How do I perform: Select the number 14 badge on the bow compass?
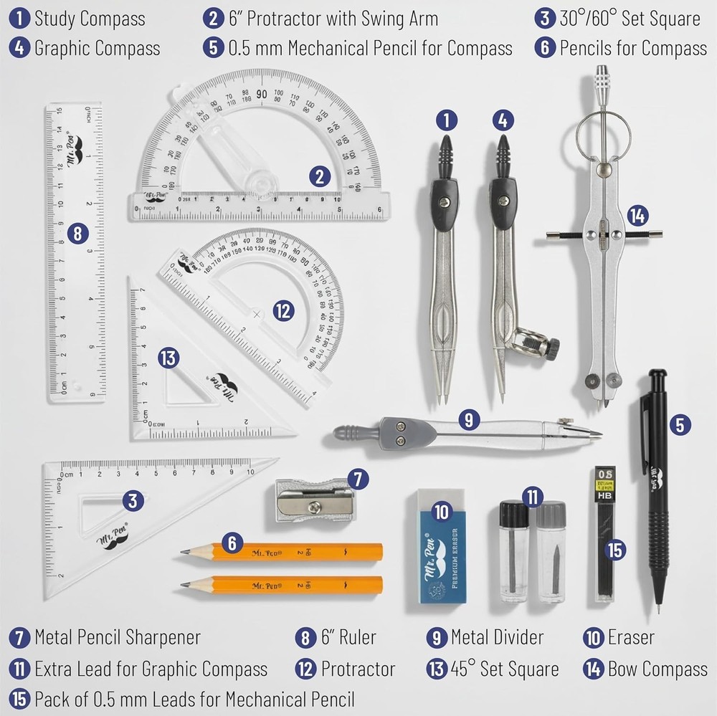(635, 214)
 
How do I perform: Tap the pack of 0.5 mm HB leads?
(606, 534)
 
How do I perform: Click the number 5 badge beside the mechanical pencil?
(680, 424)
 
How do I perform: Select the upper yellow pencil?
(287, 551)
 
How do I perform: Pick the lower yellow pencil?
(287, 584)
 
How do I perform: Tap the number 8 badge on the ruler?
(77, 232)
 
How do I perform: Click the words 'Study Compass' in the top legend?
(90, 18)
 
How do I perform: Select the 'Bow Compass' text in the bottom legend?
(657, 669)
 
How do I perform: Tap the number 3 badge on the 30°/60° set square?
(132, 500)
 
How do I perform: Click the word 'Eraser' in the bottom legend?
(630, 636)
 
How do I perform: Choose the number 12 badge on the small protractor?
(283, 310)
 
